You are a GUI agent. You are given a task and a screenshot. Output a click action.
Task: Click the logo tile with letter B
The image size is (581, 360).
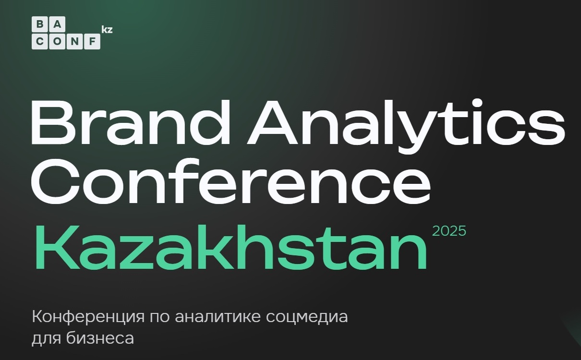point(40,24)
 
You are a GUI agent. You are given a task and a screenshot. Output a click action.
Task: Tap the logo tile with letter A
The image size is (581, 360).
point(57,24)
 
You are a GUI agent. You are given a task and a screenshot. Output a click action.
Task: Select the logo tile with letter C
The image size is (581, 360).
point(40,41)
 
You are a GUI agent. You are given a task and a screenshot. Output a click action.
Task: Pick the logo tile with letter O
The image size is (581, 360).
point(57,41)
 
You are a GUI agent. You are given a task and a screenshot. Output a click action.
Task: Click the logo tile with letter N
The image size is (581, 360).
point(74,41)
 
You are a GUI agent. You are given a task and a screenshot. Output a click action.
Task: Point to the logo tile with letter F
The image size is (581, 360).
point(92,41)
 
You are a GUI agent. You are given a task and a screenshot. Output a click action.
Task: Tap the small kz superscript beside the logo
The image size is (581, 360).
point(107,29)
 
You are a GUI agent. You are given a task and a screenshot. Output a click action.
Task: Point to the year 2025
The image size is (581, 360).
point(449,231)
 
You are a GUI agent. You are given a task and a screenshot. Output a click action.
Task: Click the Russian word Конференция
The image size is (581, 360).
point(88,317)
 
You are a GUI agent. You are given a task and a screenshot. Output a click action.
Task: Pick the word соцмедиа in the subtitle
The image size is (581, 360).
point(307,317)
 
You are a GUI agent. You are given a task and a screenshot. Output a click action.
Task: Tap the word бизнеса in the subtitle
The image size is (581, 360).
point(100,338)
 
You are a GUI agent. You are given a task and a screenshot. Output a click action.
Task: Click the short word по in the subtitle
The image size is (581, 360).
point(160,317)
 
